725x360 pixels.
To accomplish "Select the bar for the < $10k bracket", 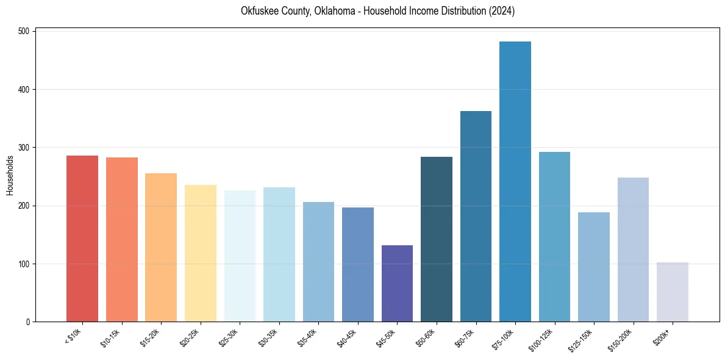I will tap(82, 239).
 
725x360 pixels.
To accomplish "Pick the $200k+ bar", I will tap(673, 292).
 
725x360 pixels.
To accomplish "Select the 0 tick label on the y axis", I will tap(28, 322).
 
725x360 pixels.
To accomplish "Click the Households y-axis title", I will tap(10, 176).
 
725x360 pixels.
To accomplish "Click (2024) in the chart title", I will tap(501, 12).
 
